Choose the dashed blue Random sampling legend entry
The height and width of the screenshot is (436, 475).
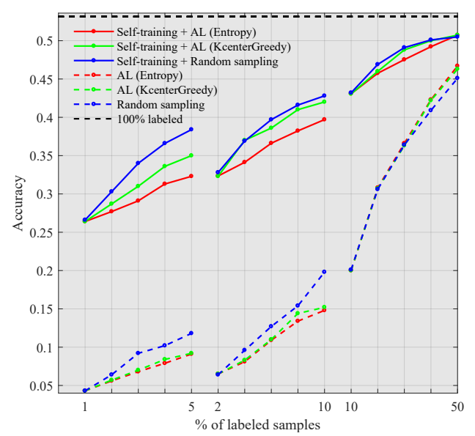coord(161,105)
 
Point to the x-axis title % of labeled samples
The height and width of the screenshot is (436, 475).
coord(257,424)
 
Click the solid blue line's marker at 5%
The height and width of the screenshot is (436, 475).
coord(191,129)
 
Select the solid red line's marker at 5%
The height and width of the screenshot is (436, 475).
coord(191,176)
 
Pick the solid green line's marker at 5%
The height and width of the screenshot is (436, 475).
coord(191,155)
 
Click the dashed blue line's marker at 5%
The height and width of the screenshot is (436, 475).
coord(191,333)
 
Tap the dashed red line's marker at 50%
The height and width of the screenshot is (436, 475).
coord(457,65)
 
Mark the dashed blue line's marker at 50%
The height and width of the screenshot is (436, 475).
coord(457,78)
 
